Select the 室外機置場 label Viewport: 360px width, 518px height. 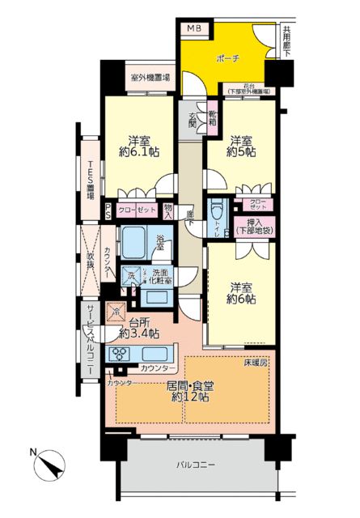[x=150, y=79]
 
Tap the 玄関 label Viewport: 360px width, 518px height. [x=193, y=121]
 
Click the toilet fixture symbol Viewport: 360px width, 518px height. [x=216, y=212]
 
